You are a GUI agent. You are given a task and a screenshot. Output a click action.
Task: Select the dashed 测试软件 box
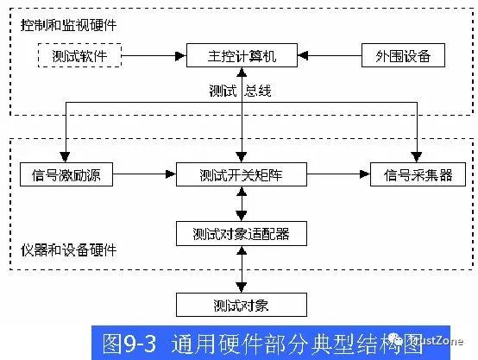point(79,57)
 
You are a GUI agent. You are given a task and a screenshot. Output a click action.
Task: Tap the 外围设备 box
point(404,57)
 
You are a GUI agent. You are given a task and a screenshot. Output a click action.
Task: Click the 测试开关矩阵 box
point(241,175)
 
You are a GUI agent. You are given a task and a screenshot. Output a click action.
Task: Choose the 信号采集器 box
point(417,175)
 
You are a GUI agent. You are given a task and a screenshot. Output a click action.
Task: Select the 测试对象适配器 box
point(241,233)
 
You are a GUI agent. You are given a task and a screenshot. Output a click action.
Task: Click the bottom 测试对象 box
point(241,304)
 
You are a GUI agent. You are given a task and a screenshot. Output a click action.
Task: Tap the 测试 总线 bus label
point(241,90)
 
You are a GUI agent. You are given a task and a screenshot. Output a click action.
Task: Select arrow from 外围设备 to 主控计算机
point(329,57)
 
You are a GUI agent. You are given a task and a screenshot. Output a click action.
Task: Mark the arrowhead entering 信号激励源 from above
point(66,157)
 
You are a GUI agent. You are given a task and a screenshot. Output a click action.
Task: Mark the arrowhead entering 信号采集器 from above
point(417,157)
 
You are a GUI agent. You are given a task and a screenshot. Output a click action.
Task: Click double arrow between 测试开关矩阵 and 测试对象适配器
point(241,204)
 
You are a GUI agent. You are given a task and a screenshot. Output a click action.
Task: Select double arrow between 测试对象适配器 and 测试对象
point(241,268)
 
